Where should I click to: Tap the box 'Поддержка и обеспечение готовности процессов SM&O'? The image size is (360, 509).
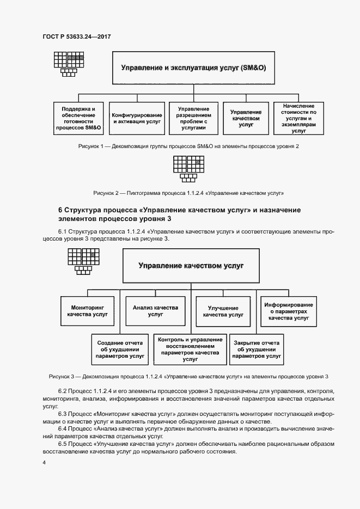click(x=78, y=119)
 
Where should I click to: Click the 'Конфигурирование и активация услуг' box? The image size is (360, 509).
click(x=137, y=119)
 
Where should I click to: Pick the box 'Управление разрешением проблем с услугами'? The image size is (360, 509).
click(x=192, y=119)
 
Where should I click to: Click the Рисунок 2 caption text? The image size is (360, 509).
click(x=188, y=193)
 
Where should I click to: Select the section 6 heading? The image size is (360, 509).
click(x=180, y=214)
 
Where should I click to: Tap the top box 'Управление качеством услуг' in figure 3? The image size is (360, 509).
click(x=191, y=266)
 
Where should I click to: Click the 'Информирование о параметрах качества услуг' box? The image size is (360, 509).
click(x=289, y=311)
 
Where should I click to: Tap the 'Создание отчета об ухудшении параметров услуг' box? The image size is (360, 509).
click(x=120, y=349)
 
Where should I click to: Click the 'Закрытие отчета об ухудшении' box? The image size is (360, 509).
click(x=257, y=349)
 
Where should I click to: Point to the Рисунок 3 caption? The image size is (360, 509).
click(x=188, y=376)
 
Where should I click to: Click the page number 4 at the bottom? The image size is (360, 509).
click(x=44, y=463)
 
